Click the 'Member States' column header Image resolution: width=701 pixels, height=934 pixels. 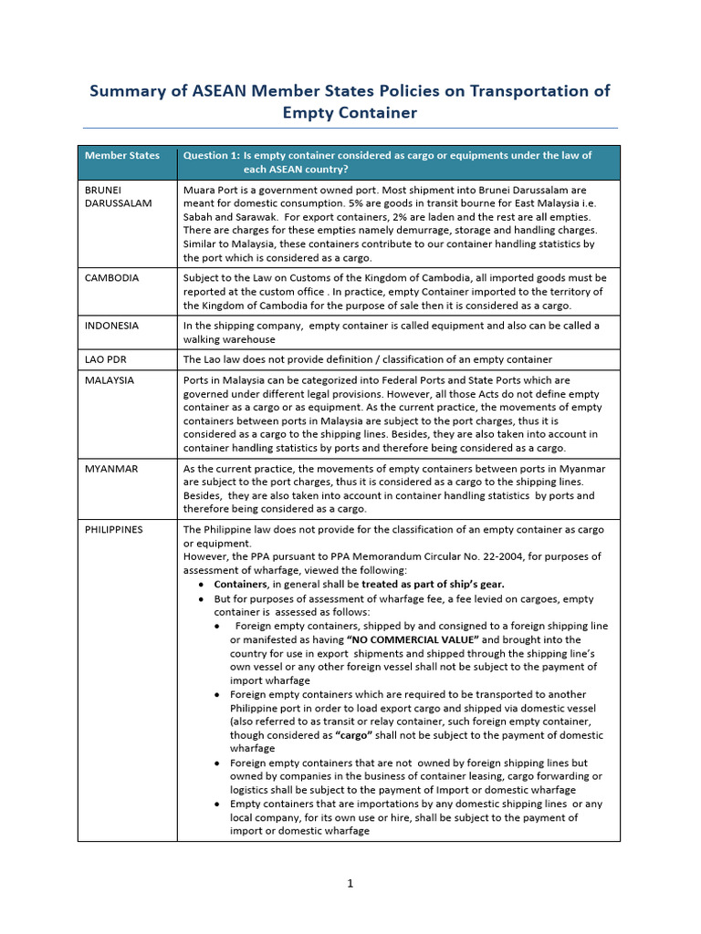point(121,155)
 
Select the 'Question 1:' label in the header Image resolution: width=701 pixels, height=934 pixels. point(211,155)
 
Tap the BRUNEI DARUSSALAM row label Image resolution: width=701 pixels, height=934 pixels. point(118,196)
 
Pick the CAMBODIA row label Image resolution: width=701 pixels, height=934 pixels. point(111,277)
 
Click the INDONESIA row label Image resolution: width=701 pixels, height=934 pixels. point(111,325)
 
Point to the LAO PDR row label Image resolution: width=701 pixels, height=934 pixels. point(105,359)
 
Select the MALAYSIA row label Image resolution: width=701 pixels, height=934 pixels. point(109,379)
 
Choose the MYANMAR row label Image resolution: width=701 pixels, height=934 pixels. point(110,469)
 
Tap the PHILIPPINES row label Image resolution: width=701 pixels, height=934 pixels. point(113,529)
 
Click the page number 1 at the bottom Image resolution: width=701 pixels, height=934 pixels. point(350,883)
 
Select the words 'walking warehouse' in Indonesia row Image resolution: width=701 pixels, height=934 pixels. point(228,338)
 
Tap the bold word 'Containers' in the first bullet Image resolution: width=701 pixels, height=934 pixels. point(240,584)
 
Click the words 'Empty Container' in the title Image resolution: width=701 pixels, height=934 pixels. point(350,113)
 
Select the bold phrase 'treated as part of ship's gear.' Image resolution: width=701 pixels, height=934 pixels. point(433,584)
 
